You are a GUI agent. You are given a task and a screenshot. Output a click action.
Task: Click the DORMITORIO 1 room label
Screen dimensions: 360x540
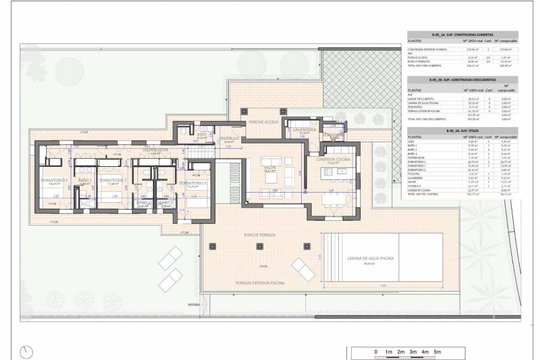[x=54, y=180]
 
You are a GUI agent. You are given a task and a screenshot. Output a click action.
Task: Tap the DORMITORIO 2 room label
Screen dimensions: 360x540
[x=113, y=180]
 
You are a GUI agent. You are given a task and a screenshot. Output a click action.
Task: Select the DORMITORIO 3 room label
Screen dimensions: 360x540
[x=193, y=183]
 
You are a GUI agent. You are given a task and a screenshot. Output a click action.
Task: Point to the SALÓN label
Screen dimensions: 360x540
[x=269, y=167]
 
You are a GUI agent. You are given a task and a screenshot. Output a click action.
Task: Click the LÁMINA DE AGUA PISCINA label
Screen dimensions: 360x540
[x=371, y=257]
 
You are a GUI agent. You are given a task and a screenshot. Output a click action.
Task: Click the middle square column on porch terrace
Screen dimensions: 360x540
[x=259, y=245]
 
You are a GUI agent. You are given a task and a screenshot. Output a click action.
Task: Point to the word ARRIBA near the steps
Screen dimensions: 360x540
[x=194, y=305]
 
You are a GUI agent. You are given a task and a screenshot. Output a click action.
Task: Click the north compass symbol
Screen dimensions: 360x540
[x=26, y=352]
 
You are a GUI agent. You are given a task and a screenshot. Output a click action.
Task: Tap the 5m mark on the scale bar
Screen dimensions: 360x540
[x=437, y=352]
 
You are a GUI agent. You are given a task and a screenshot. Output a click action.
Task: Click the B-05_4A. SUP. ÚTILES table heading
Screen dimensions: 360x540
[x=462, y=130]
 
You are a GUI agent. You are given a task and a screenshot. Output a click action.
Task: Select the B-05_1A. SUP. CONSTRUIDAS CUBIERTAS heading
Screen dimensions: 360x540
[x=462, y=34]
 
